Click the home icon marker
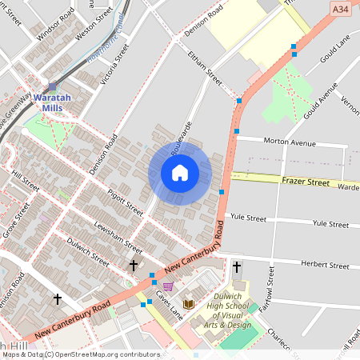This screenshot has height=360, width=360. pos(180,173)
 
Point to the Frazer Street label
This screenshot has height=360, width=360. pos(306,182)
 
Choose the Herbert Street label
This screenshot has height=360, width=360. pos(326,265)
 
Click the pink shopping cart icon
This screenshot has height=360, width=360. pos(168,286)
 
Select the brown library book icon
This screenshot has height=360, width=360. pos(190,304)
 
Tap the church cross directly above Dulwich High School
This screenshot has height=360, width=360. pos(237,266)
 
